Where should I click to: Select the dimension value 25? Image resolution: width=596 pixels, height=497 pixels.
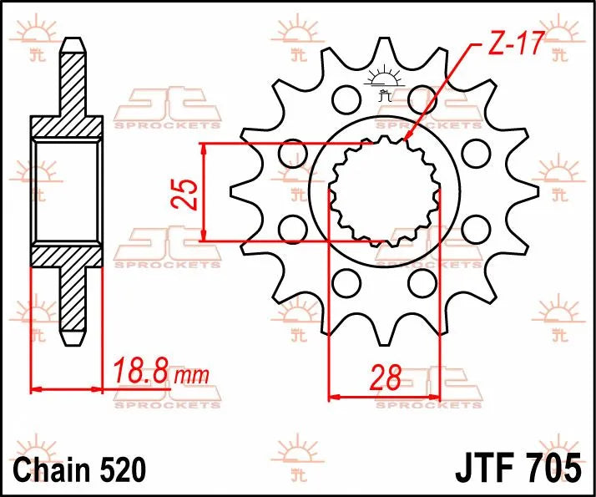pos(189,193)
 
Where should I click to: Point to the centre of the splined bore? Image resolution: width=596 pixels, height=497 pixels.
pos(384,192)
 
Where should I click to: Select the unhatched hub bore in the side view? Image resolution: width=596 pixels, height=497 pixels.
pos(69,192)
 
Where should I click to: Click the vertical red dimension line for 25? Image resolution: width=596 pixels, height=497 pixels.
pos(205,193)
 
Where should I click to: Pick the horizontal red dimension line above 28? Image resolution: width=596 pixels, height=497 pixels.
pos(384,396)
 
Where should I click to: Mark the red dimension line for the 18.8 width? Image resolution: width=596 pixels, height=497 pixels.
pos(67,388)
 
